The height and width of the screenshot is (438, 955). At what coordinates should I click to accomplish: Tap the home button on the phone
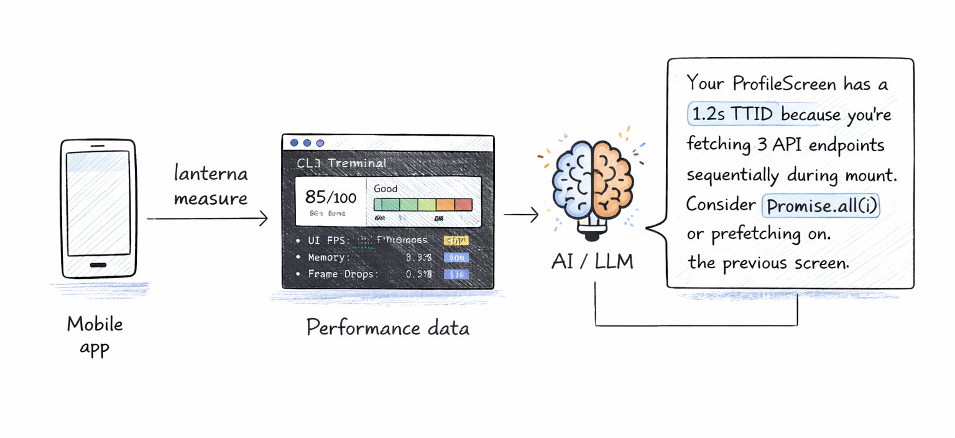(98, 264)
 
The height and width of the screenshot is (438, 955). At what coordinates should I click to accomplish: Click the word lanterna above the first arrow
(211, 174)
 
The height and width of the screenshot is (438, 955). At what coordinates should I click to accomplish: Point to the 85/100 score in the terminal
(331, 197)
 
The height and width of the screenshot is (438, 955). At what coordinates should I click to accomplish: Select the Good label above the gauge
(385, 189)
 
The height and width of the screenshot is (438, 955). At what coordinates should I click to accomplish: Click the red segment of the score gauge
(464, 205)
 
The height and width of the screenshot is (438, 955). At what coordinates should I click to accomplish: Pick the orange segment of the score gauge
(445, 205)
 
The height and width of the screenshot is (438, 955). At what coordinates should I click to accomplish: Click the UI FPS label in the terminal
(329, 240)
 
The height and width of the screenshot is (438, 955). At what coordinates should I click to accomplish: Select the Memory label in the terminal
(329, 257)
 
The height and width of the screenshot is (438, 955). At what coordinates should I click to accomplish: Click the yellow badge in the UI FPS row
(456, 241)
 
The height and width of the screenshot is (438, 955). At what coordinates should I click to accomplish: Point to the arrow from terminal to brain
(521, 215)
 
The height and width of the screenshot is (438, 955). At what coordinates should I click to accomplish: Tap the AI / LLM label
(592, 262)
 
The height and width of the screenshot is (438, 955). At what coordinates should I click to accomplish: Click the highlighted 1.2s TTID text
(734, 114)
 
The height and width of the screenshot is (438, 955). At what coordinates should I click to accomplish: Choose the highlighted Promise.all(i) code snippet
(821, 206)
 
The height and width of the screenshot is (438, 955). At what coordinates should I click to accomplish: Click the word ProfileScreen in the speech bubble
(784, 83)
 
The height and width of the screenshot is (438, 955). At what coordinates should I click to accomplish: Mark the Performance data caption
(387, 327)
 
